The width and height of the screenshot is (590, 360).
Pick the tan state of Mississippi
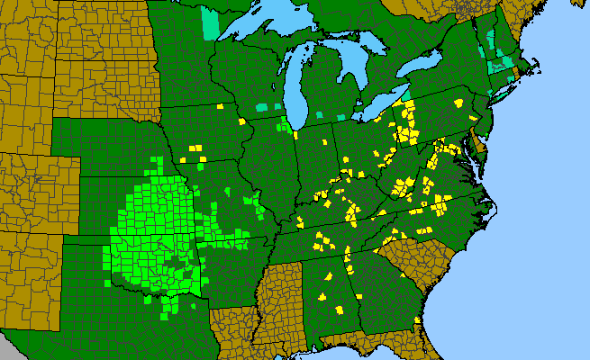coord(280,297)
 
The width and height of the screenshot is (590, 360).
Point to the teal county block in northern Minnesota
coord(210,23)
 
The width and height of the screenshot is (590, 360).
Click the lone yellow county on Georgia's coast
coord(418,321)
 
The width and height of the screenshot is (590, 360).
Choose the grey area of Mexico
coord(18,346)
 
